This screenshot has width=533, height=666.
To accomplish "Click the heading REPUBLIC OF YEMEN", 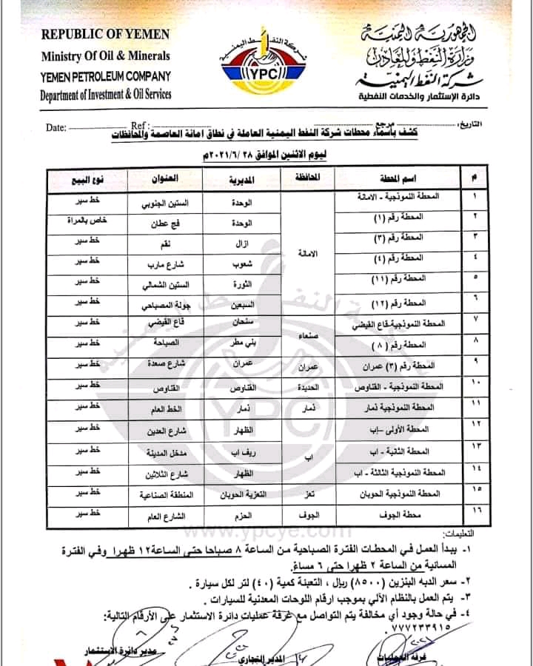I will [105, 34].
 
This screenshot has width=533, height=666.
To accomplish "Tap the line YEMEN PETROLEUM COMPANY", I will [106, 75].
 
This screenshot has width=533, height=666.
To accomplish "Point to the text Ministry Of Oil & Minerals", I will [105, 55].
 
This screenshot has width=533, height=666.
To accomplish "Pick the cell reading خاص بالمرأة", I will [84, 222].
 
